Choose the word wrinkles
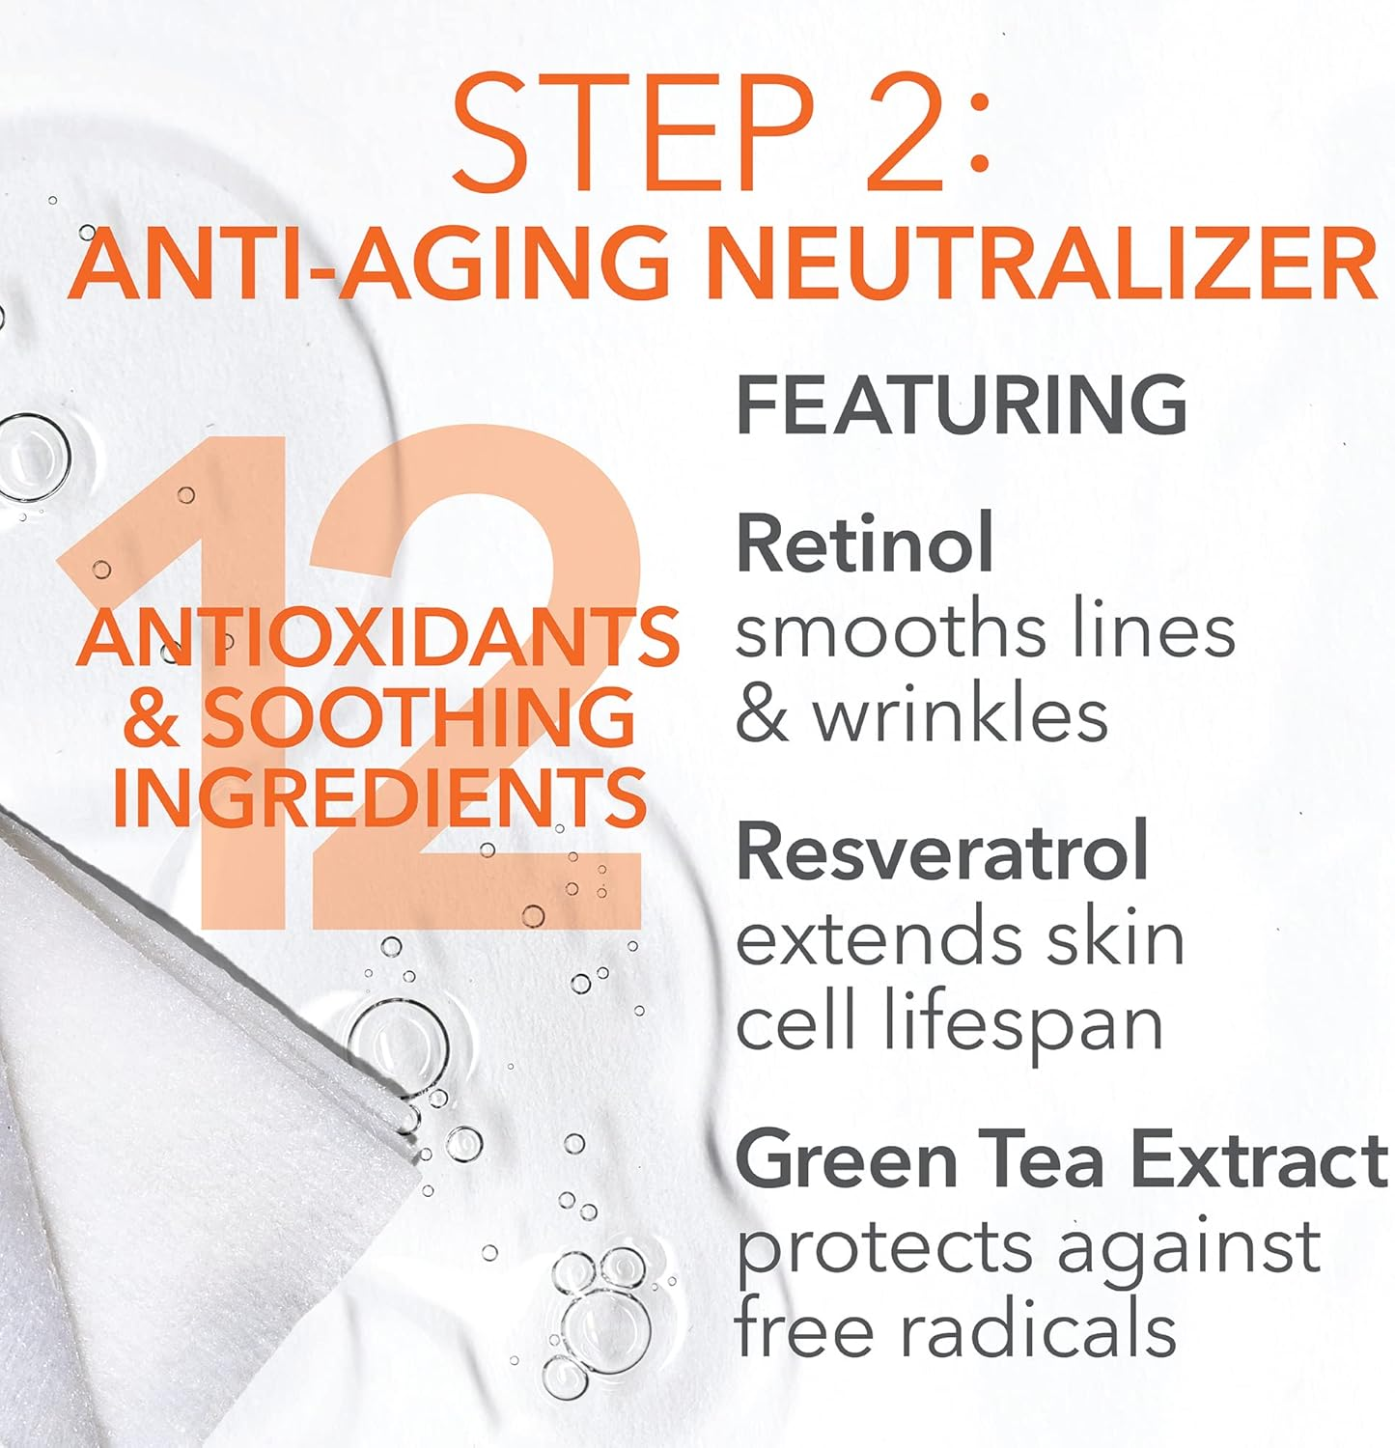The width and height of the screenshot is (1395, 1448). coord(960,715)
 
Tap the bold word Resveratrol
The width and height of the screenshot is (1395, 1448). coord(941,850)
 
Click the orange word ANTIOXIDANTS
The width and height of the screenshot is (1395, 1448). coord(377,638)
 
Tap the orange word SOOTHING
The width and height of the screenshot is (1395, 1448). coord(419,718)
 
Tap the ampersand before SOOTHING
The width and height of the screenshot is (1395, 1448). coord(152,718)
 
